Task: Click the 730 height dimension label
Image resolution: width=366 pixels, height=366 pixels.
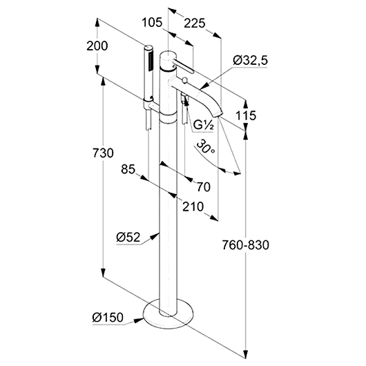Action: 103,153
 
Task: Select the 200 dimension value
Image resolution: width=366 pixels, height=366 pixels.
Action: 97,46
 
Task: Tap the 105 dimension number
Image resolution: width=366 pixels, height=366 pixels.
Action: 152,23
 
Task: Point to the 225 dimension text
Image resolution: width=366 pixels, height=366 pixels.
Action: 195,23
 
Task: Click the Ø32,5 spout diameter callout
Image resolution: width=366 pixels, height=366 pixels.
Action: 250,61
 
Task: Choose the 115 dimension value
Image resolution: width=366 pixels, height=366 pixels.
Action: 246,115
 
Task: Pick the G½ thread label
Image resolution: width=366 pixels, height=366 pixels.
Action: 204,126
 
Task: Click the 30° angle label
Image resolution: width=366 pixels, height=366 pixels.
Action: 205,147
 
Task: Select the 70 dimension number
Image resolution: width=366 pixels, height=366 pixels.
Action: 204,187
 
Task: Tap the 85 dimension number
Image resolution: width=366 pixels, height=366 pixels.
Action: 128,169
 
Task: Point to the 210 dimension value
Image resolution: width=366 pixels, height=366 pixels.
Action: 193,206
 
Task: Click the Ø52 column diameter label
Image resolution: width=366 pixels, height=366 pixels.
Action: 128,238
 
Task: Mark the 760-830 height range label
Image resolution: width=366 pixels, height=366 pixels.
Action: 245,245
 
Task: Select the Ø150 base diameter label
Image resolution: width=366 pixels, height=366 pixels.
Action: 108,318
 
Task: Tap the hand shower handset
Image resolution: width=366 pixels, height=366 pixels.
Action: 148,73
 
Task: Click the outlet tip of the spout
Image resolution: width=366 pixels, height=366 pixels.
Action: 216,115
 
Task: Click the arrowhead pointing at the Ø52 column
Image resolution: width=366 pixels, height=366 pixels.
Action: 155,236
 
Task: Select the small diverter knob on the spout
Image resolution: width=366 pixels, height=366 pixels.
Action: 185,81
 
